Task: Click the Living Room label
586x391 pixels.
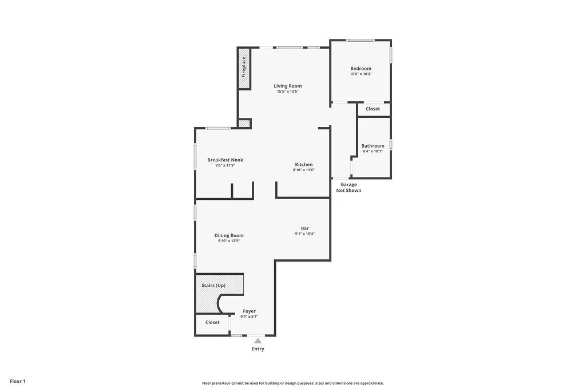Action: [287, 86]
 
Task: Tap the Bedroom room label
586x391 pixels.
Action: [361, 69]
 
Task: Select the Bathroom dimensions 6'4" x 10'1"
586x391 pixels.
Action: [372, 152]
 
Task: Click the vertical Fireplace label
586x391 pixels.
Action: [244, 67]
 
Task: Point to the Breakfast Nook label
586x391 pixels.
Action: [225, 160]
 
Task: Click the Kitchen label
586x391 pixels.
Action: [303, 164]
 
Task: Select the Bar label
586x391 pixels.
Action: [305, 228]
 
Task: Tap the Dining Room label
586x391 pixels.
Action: [229, 235]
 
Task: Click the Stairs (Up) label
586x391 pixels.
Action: [213, 285]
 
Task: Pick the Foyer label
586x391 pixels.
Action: [249, 311]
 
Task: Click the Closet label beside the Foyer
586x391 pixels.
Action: [212, 322]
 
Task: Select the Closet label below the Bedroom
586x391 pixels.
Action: [373, 109]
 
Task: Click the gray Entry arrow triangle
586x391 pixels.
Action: [258, 341]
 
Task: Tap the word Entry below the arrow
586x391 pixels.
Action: [258, 349]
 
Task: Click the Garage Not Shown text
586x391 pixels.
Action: [349, 187]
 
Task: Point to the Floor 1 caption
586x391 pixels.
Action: [18, 381]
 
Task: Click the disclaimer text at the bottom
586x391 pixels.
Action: [292, 383]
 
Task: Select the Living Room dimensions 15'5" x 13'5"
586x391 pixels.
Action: [288, 92]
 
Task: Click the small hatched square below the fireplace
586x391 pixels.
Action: [244, 123]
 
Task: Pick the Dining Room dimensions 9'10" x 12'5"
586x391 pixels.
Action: [228, 241]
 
